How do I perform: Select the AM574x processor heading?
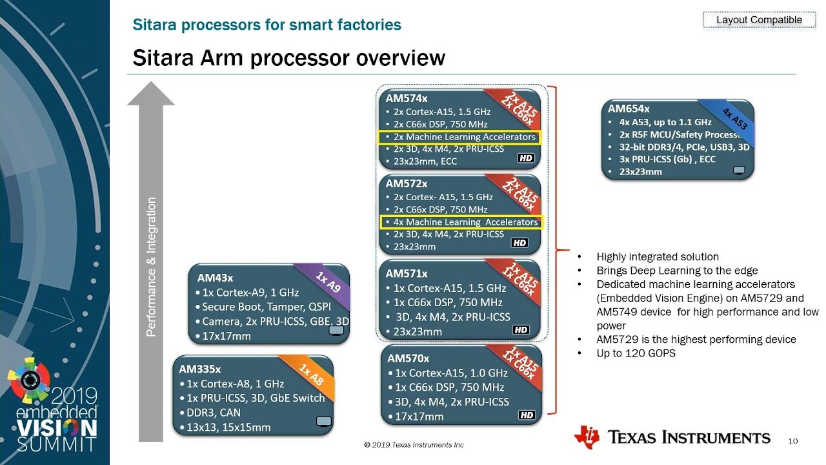pos(407,99)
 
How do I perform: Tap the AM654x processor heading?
pos(629,108)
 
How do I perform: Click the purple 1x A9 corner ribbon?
pos(328,282)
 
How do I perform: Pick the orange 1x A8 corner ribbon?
pos(312,375)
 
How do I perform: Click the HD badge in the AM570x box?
pos(527,415)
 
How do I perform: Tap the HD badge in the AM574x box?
pos(527,158)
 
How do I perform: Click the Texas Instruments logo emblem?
pos(586,437)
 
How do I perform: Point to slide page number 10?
pos(793,441)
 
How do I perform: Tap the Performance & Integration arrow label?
pos(152,267)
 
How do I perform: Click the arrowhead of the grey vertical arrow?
pos(151,94)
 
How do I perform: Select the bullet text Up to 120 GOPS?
pos(636,353)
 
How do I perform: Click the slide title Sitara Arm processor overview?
pos(288,58)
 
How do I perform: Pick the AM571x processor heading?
pos(407,274)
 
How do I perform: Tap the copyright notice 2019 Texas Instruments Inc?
pos(414,445)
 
